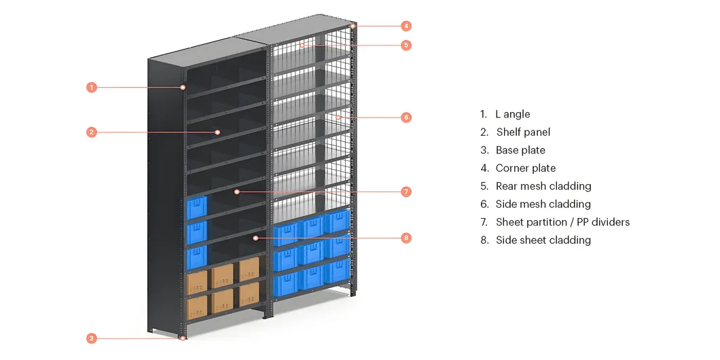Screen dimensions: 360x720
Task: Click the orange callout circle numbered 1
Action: tap(92, 87)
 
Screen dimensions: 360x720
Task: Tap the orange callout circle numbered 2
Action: tap(92, 132)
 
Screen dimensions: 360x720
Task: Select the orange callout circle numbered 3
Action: tap(92, 338)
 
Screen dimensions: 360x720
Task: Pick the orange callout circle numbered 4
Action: tap(406, 26)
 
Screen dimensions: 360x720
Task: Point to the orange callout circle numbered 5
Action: tap(406, 45)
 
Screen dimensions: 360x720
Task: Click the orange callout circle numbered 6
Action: tap(406, 117)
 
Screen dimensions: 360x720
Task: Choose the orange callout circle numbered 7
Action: tap(406, 192)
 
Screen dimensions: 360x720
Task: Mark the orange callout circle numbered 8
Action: tap(406, 238)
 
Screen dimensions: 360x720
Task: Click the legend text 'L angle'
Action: tap(512, 114)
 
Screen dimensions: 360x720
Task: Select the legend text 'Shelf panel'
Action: tap(523, 132)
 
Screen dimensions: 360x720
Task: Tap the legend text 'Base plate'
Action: tap(520, 150)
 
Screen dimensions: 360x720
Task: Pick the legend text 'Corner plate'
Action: tap(526, 168)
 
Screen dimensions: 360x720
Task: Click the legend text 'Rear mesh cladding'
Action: tap(543, 186)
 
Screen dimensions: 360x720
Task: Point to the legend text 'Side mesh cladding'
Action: tap(543, 204)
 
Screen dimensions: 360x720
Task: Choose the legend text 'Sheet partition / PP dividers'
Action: tap(562, 222)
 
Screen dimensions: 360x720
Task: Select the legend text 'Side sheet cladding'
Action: tap(543, 240)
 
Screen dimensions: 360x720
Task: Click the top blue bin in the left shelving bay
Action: tap(197, 207)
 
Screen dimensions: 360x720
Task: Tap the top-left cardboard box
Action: tap(197, 282)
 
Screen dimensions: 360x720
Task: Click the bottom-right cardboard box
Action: tap(249, 294)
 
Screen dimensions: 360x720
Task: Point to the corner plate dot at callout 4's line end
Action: tap(353, 26)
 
